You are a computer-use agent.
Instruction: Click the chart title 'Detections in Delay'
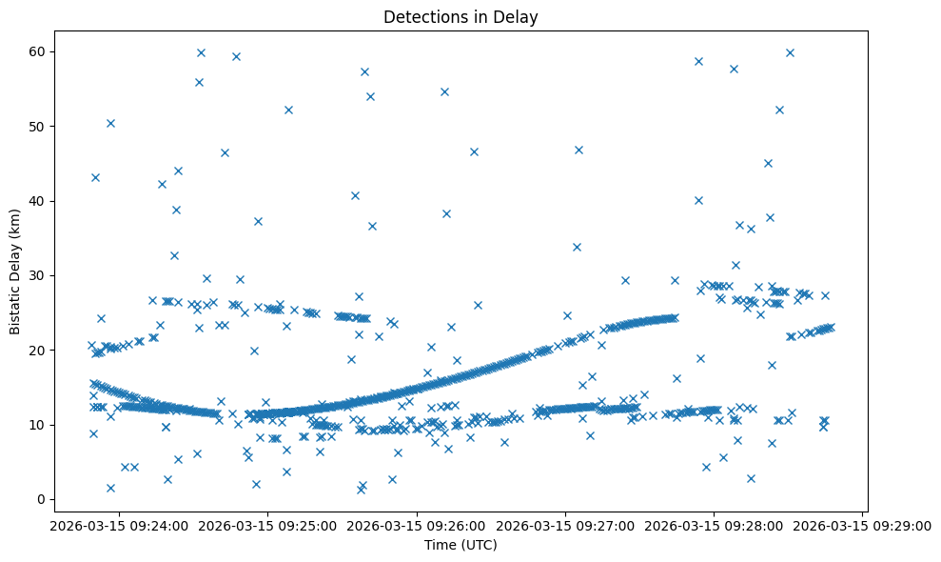[461, 16]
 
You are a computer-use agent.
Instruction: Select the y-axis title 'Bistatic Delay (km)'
[15, 271]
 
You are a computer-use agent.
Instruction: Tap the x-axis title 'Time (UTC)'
[461, 545]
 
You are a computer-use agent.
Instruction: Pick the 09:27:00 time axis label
[564, 525]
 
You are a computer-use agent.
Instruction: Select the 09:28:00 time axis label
[714, 525]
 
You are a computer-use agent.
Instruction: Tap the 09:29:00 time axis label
[863, 525]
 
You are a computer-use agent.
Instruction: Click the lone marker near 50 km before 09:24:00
[110, 123]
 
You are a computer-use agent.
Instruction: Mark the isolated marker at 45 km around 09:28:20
[768, 163]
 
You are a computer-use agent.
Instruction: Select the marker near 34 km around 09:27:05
[577, 247]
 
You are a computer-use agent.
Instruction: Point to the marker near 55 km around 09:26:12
[444, 91]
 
